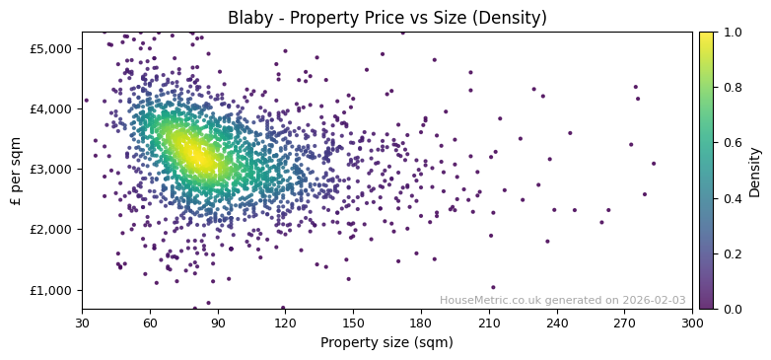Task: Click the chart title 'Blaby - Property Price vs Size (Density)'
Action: [386, 18]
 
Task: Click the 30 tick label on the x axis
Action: [82, 322]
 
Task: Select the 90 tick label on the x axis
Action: [218, 322]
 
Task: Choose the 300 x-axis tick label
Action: [692, 322]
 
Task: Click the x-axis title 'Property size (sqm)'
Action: [386, 342]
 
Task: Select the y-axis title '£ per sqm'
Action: [17, 170]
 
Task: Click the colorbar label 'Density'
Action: [755, 170]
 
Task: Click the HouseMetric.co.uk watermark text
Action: [562, 301]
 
